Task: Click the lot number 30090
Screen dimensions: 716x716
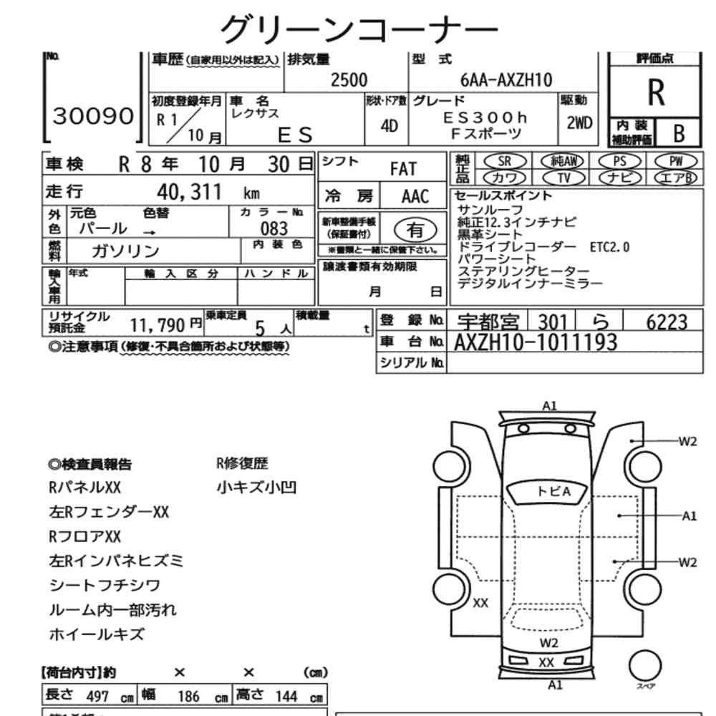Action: (x=93, y=116)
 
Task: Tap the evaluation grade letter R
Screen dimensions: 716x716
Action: (x=656, y=92)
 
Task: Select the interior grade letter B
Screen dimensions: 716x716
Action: (x=679, y=133)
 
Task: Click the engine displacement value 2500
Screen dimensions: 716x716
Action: (x=349, y=80)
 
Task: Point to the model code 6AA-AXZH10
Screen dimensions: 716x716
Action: (x=506, y=80)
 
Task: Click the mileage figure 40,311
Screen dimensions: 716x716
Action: (x=189, y=192)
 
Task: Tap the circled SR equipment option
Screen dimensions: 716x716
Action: (x=505, y=161)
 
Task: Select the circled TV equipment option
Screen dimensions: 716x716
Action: (x=564, y=178)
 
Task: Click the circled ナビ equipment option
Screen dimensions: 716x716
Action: (x=619, y=178)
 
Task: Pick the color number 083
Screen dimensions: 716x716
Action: (x=274, y=229)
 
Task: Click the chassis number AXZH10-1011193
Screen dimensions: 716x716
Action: (x=535, y=342)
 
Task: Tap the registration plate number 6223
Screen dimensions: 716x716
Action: (x=667, y=322)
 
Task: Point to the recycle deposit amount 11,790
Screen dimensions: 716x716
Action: (x=158, y=326)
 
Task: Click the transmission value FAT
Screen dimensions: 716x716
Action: (x=403, y=169)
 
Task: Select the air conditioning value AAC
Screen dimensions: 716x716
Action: (x=415, y=196)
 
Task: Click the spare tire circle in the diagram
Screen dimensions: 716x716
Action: (x=645, y=666)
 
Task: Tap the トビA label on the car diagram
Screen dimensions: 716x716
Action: (x=553, y=491)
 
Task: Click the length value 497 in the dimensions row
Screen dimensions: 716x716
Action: (x=97, y=697)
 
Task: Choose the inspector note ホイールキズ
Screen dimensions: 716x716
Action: (x=97, y=634)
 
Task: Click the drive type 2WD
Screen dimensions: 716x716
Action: (x=579, y=123)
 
